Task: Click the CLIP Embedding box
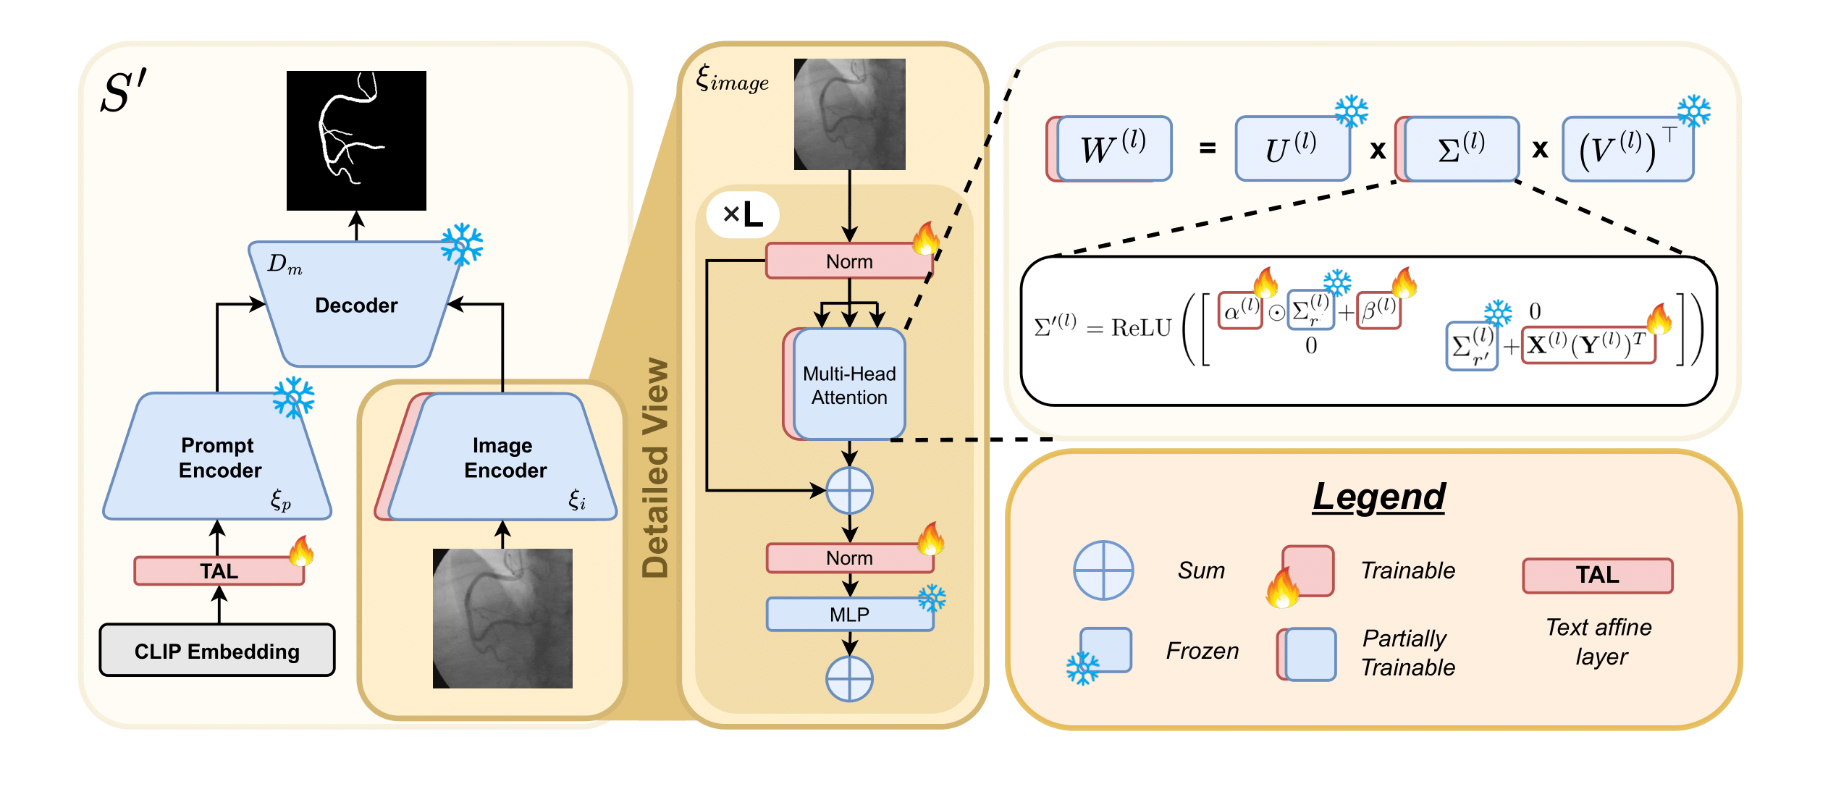[x=216, y=650]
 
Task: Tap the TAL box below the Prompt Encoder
[x=219, y=570]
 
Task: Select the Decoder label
[x=356, y=305]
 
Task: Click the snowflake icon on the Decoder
[x=462, y=245]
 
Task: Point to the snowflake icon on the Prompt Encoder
[x=293, y=397]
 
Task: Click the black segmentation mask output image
[x=356, y=140]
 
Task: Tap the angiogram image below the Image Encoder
[x=502, y=618]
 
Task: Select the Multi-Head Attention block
[x=848, y=385]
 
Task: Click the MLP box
[x=849, y=614]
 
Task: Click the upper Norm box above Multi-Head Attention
[x=848, y=261]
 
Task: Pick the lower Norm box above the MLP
[x=848, y=558]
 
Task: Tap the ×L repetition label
[x=743, y=214]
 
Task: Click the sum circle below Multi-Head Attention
[x=849, y=491]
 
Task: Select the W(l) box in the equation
[x=1113, y=148]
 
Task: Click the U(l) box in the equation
[x=1292, y=148]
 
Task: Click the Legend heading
[x=1378, y=497]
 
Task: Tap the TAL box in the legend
[x=1597, y=575]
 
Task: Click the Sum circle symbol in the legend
[x=1103, y=570]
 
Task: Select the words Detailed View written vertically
[x=656, y=468]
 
